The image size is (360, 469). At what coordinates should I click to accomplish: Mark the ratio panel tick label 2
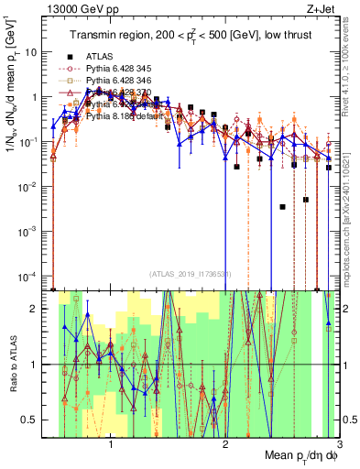pyautogui.click(x=38, y=309)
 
